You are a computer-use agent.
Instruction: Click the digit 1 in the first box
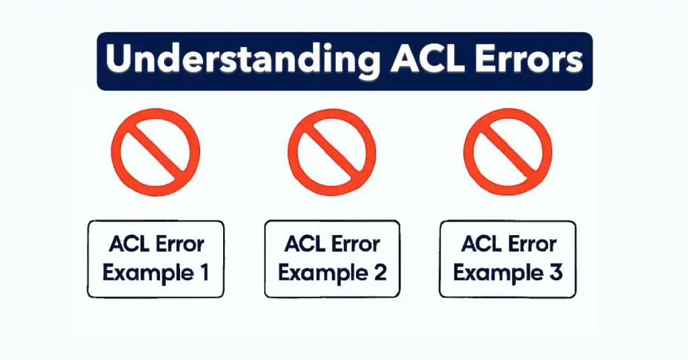(202, 273)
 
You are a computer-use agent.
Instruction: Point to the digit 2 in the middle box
(379, 273)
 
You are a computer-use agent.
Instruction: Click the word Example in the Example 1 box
(146, 273)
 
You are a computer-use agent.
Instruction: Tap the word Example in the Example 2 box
(321, 273)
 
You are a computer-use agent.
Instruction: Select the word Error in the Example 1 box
(180, 244)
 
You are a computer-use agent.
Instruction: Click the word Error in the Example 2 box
(356, 244)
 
